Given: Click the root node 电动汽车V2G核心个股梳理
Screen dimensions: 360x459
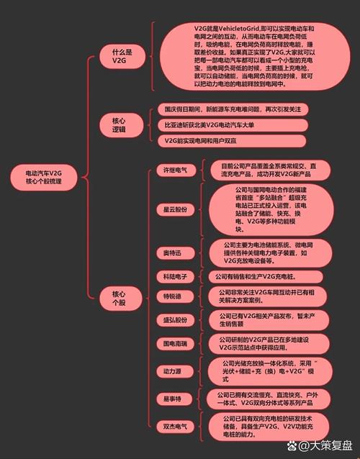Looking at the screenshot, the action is coord(44,177).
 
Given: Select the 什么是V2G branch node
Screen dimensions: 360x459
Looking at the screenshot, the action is coord(122,57).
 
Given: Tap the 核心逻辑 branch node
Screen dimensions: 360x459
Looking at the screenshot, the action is coord(121,125).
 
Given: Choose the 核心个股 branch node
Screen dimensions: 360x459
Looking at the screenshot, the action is coord(121,299).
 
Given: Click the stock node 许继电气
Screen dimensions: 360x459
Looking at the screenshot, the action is coord(176,170).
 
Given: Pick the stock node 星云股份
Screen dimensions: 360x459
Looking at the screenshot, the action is coord(176,209).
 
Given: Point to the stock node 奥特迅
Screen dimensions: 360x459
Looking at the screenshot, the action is coord(175,253).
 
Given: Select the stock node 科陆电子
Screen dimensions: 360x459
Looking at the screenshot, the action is coord(175,277).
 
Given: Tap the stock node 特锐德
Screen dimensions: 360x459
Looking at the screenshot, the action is coord(175,296).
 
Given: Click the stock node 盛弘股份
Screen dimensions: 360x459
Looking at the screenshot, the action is coord(175,320).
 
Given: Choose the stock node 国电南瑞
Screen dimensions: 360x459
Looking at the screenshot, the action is coord(175,343).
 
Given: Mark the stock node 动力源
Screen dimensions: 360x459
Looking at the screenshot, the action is coord(175,371).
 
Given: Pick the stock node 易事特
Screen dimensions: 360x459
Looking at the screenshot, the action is coord(174,399).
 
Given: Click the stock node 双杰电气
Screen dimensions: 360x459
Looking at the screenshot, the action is coord(175,427).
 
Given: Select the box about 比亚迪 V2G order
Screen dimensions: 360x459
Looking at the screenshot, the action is coord(233,125).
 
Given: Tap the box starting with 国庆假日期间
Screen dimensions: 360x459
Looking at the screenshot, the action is coord(233,109).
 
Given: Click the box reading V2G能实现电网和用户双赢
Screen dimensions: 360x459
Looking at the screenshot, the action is coord(232,141).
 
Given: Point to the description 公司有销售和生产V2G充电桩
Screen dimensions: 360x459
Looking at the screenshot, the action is coord(266,277).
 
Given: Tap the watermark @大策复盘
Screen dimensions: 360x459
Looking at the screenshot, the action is coord(320,446).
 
